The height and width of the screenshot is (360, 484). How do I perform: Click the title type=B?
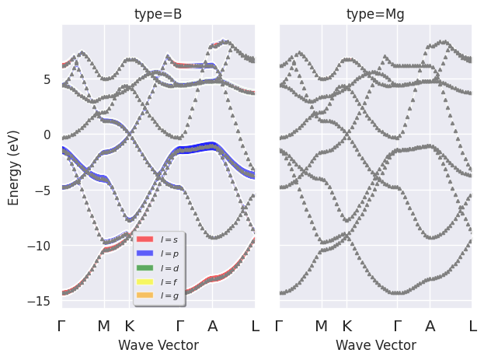158,13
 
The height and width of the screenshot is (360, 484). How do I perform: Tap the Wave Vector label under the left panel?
158,345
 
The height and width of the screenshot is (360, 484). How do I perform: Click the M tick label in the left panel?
104,327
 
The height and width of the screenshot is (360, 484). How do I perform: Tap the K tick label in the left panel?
129,327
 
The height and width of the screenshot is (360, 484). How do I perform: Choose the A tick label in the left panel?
212,327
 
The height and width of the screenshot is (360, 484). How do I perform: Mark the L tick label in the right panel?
472,327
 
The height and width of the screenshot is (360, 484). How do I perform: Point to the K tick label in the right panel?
346,327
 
